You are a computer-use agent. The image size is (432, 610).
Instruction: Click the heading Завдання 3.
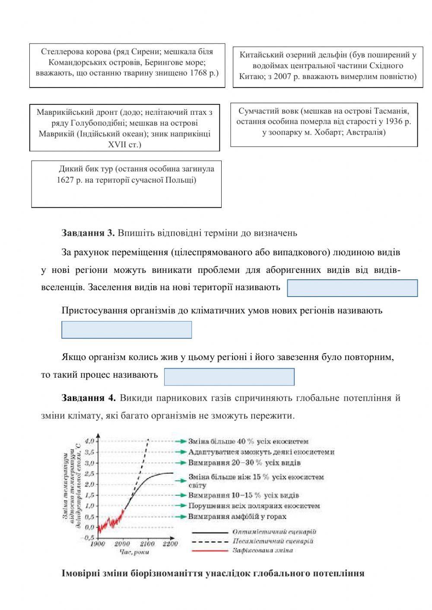(88, 233)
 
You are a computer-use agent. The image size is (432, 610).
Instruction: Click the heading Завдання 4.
(88, 398)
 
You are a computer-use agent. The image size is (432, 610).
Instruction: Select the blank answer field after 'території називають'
(352, 288)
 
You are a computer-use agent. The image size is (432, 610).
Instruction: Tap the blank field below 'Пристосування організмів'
(127, 329)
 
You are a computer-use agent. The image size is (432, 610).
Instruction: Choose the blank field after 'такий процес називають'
(229, 376)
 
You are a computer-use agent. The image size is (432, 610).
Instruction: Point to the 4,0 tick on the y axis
(89, 442)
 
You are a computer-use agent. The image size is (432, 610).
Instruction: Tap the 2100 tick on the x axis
(147, 544)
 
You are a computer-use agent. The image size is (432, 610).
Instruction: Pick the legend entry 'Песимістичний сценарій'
(273, 541)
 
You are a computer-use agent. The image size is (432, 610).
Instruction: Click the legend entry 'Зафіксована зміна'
(263, 550)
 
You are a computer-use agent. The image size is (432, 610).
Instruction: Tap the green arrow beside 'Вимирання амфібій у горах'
(181, 516)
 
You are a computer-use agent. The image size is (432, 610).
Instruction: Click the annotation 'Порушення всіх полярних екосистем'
(254, 506)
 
